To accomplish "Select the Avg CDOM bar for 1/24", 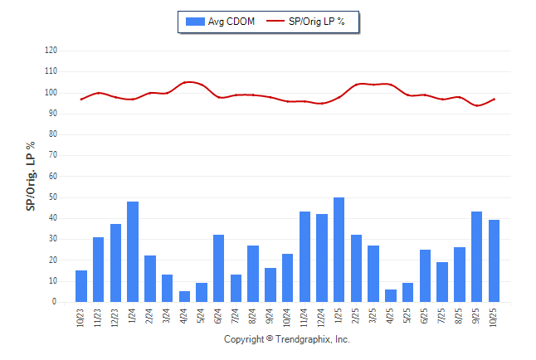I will pyautogui.click(x=133, y=252).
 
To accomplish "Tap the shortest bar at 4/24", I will pyautogui.click(x=184, y=297).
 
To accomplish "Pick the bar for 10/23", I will pyautogui.click(x=81, y=286).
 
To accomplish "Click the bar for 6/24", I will pyautogui.click(x=219, y=269).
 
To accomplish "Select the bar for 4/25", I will pyautogui.click(x=391, y=296).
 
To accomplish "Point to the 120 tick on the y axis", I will pyautogui.click(x=51, y=51).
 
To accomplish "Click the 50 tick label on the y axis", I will pyautogui.click(x=52, y=197).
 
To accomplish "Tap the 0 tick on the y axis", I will pyautogui.click(x=54, y=302).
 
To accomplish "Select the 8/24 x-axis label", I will pyautogui.click(x=254, y=317).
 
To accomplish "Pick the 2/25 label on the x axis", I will pyautogui.click(x=357, y=317).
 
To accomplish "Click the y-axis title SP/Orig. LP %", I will pyautogui.click(x=31, y=176).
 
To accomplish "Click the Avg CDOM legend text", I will pyautogui.click(x=231, y=21).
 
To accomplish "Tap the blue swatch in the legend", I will pyautogui.click(x=196, y=21).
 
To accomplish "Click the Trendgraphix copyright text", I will pyautogui.click(x=287, y=339).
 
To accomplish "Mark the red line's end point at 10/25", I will pyautogui.click(x=495, y=99).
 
